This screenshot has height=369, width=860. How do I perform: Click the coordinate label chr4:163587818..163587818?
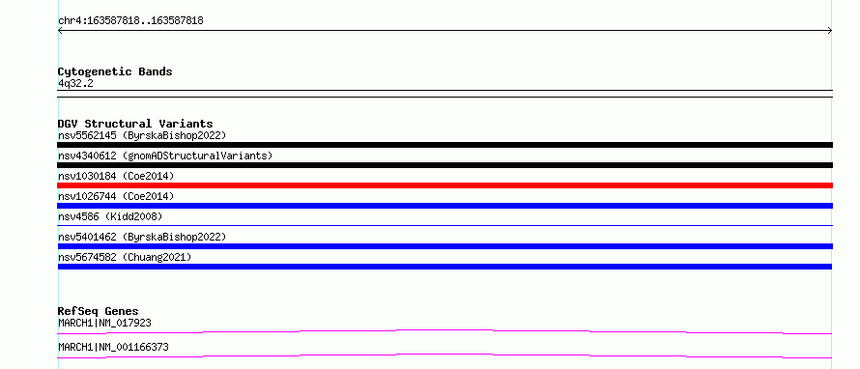tap(131, 21)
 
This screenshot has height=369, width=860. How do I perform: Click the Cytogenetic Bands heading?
tap(115, 71)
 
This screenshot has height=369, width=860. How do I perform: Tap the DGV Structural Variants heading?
tap(135, 124)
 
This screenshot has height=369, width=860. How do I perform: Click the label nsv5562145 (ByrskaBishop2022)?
tap(142, 135)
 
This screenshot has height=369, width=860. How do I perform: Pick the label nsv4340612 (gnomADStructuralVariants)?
tap(165, 156)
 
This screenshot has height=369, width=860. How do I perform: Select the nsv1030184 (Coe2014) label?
tap(116, 176)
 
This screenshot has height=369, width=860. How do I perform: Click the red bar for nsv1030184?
tap(444, 185)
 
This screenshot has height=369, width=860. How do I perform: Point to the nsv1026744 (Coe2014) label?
tap(116, 196)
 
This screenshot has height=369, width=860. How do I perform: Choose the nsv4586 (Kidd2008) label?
tap(110, 216)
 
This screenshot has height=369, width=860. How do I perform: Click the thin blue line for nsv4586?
tap(444, 225)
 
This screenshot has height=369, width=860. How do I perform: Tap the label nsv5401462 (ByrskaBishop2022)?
tap(142, 237)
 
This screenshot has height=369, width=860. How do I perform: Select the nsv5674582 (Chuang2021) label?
tap(125, 257)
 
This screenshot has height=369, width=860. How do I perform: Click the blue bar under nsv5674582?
tap(444, 267)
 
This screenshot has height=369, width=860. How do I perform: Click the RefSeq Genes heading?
tap(99, 311)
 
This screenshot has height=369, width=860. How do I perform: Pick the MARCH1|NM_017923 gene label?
tap(104, 324)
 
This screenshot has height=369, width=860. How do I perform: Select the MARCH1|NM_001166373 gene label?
tap(113, 348)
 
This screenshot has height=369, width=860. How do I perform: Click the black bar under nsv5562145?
tap(444, 145)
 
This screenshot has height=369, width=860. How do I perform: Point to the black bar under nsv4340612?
tap(444, 165)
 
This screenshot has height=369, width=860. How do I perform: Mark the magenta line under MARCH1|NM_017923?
tap(444, 330)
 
